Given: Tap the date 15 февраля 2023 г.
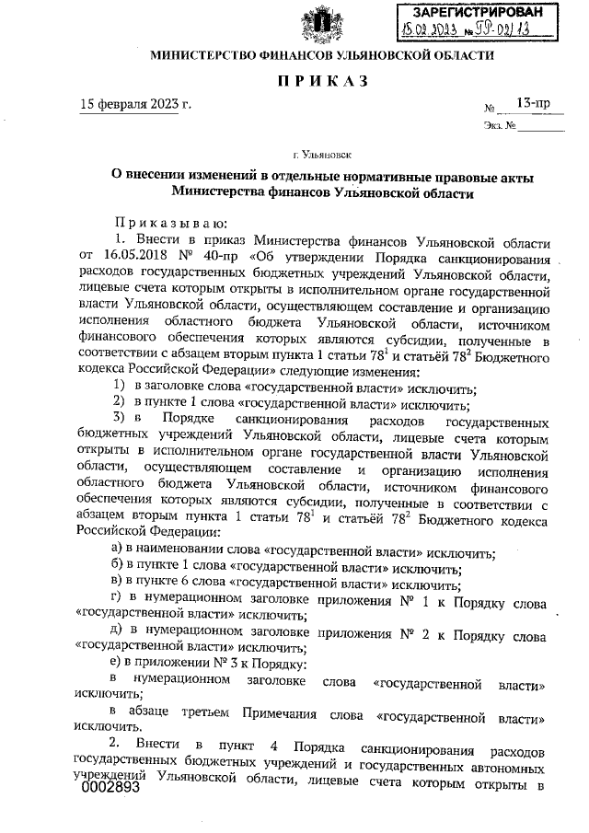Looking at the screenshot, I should tap(136, 103).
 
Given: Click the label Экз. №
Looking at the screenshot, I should tap(498, 124).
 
